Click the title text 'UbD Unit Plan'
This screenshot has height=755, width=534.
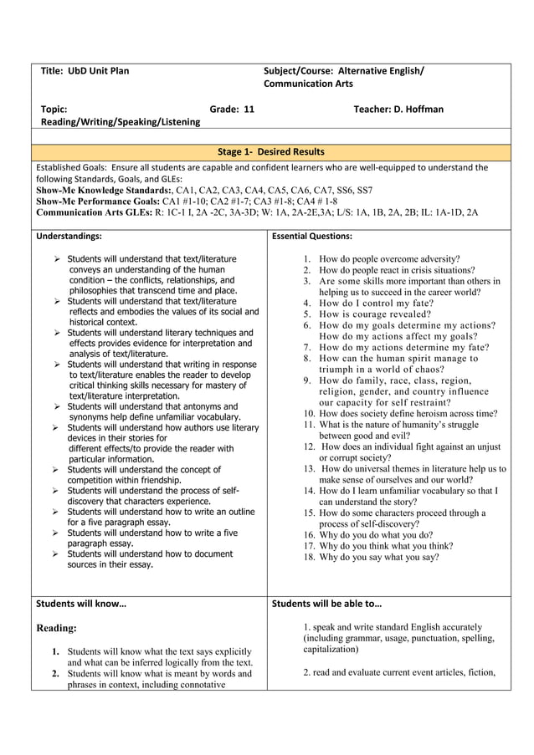pyautogui.click(x=99, y=71)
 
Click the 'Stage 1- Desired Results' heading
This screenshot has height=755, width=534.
pyautogui.click(x=270, y=151)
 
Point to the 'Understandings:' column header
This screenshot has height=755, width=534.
pyautogui.click(x=69, y=237)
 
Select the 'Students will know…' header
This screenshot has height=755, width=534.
pyautogui.click(x=81, y=603)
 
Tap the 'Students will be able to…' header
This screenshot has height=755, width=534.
pyautogui.click(x=326, y=603)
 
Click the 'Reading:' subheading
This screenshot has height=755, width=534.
pyautogui.click(x=57, y=628)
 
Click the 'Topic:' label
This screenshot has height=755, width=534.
pyautogui.click(x=54, y=109)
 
